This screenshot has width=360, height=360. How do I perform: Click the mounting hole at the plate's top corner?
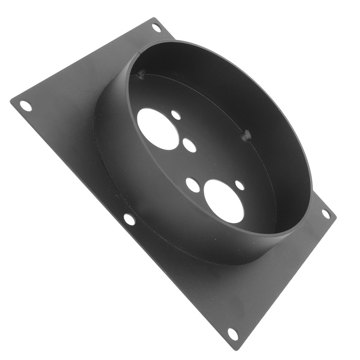156,27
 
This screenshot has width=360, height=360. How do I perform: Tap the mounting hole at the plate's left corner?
26,106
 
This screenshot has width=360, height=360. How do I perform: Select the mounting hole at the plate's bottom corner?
233,334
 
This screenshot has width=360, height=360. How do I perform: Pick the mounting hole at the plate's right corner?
326,214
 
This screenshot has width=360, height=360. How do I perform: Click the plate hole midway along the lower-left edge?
129,220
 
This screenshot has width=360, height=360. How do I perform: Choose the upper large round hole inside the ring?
158,129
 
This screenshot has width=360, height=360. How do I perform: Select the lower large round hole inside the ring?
224,201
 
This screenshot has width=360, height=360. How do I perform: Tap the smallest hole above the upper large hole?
176,115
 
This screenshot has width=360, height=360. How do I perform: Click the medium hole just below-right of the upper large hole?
189,145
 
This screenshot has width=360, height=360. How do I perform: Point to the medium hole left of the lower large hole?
193,185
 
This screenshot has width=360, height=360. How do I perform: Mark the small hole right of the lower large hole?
240,185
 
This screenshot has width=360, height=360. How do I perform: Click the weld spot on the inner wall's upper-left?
141,74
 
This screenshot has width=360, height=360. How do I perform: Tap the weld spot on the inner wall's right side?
246,135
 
